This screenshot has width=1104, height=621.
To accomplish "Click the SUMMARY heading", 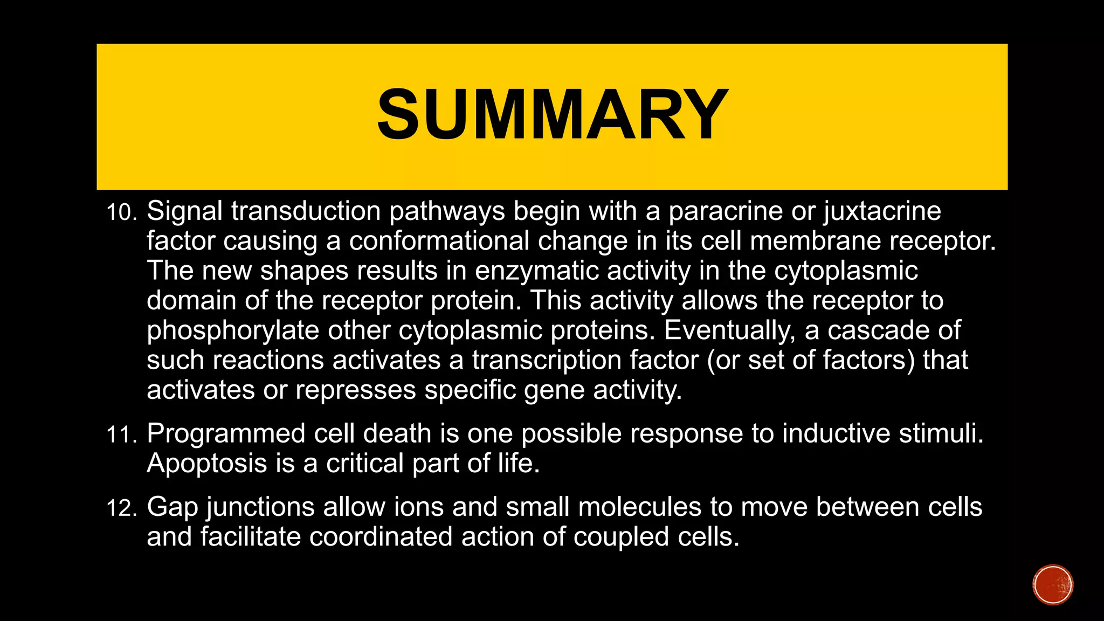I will (552, 115).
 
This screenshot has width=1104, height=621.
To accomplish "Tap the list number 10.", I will (121, 212).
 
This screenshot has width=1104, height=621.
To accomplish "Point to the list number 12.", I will (121, 508).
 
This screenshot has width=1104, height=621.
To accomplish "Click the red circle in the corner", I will (1053, 585).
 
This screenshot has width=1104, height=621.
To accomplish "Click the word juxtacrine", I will (882, 211).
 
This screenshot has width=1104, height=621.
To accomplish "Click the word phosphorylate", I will (233, 331).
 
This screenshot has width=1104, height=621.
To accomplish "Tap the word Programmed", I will (226, 434).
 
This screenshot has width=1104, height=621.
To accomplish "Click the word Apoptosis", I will (206, 464).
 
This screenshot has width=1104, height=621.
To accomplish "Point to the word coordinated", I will (381, 537).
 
